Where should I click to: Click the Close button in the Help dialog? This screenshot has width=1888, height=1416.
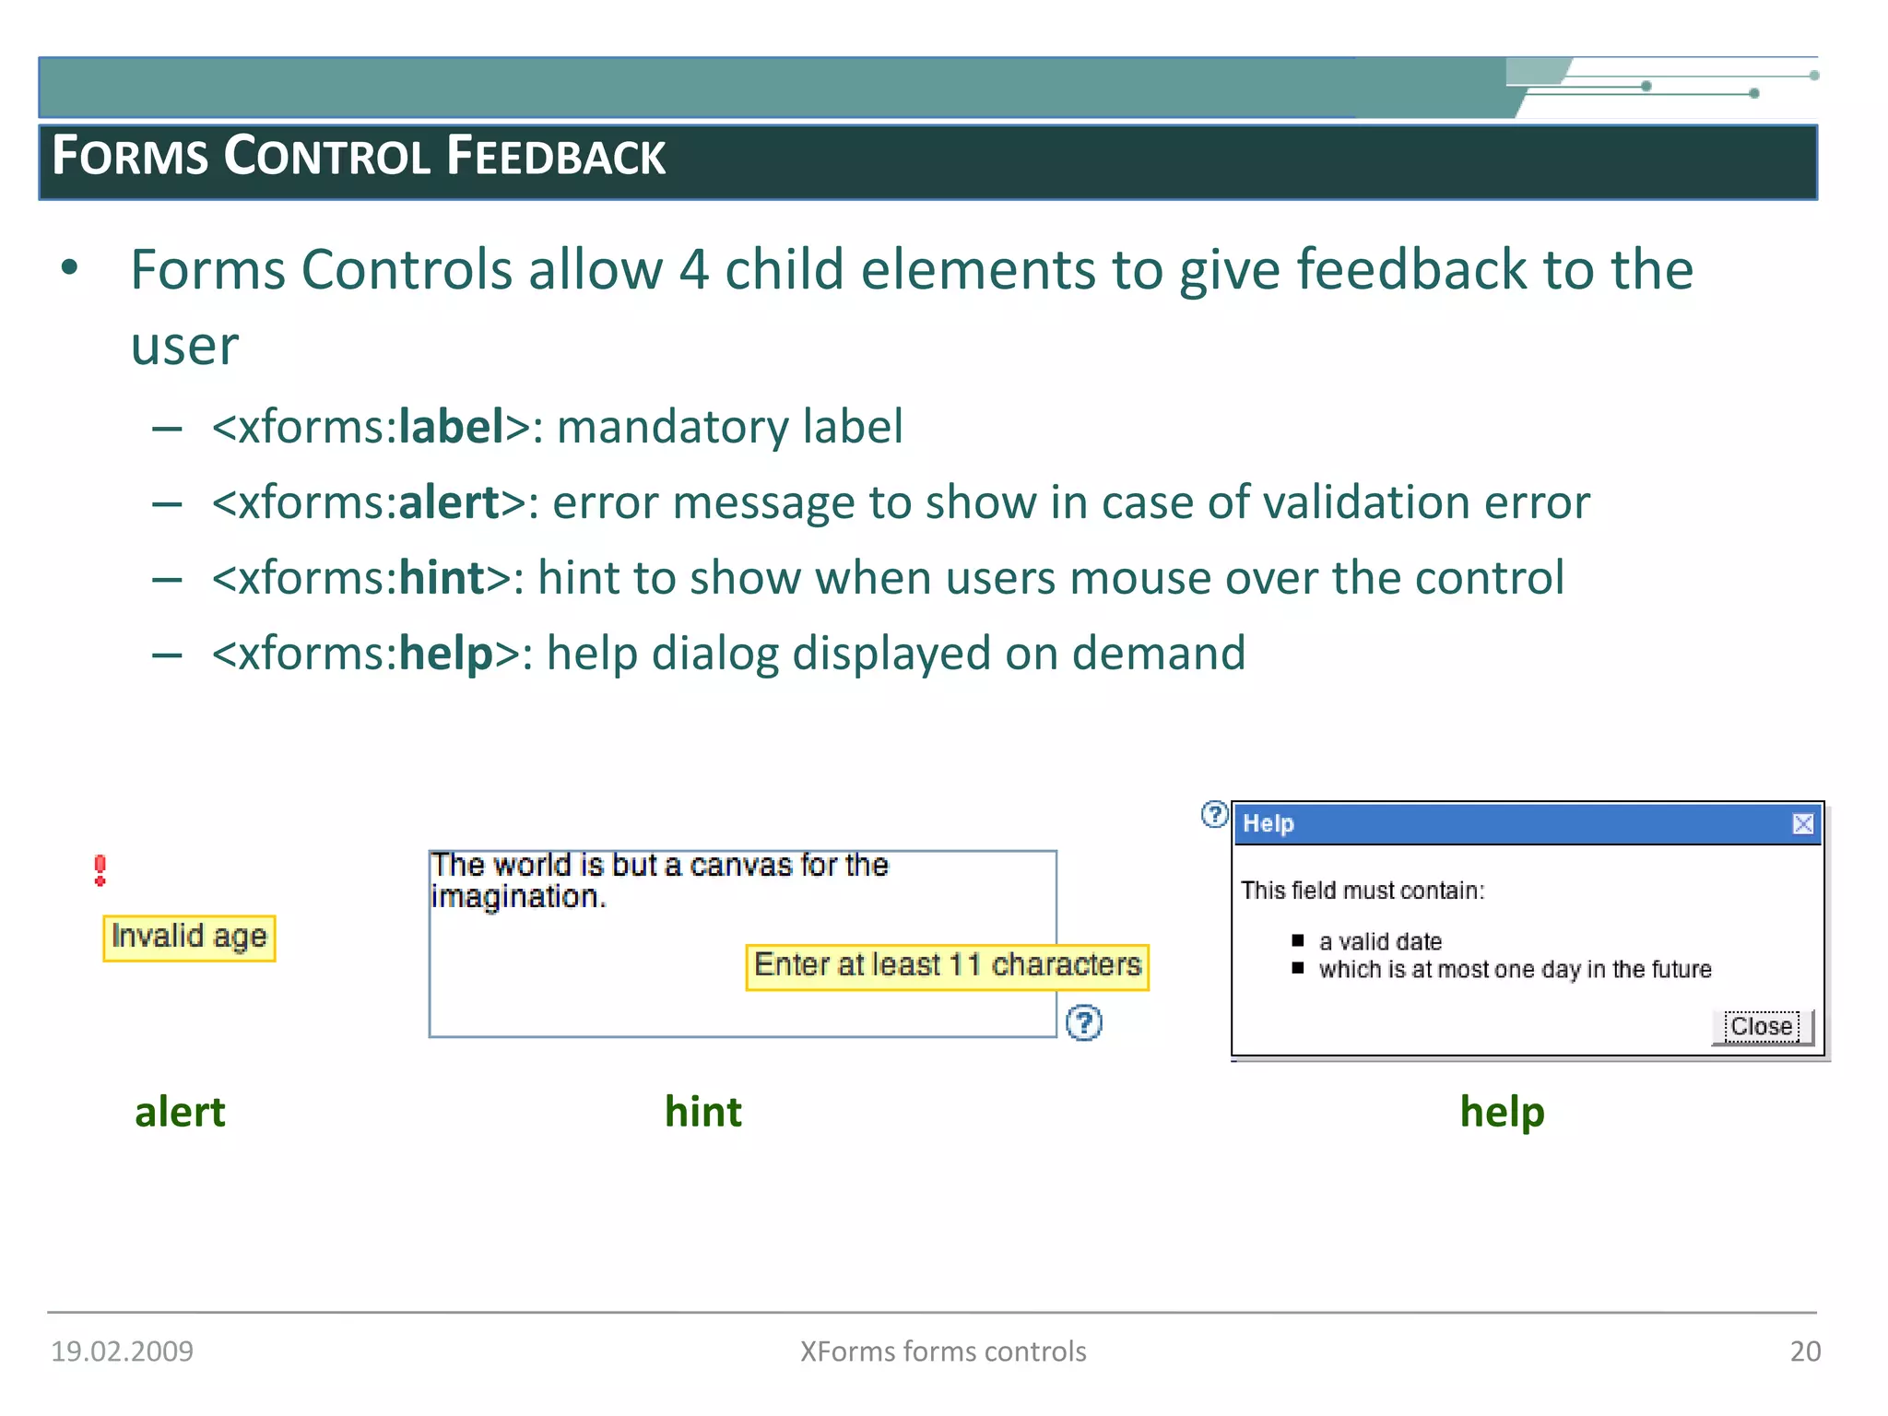pyautogui.click(x=1762, y=1027)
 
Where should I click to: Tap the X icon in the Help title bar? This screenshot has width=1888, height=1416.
pyautogui.click(x=1803, y=823)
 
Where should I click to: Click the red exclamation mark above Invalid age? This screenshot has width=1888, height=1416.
pyautogui.click(x=100, y=870)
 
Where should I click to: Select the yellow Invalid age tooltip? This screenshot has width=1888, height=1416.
pyautogui.click(x=189, y=938)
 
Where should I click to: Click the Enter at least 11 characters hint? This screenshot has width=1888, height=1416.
pyautogui.click(x=947, y=966)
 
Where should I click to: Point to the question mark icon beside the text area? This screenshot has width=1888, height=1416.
pyautogui.click(x=1084, y=1022)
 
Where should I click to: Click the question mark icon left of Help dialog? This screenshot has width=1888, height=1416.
pyautogui.click(x=1215, y=814)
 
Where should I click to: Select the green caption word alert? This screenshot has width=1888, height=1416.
pyautogui.click(x=180, y=1112)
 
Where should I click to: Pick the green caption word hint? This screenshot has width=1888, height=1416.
pyautogui.click(x=703, y=1112)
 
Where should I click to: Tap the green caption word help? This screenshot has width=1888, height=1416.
pyautogui.click(x=1502, y=1112)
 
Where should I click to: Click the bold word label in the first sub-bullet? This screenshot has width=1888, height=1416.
pyautogui.click(x=451, y=428)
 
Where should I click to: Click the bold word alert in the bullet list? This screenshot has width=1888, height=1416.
pyautogui.click(x=449, y=503)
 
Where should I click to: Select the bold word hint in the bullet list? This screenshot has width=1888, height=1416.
pyautogui.click(x=442, y=579)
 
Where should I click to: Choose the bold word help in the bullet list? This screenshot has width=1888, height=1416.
pyautogui.click(x=446, y=655)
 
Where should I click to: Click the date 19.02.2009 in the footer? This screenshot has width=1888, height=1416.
pyautogui.click(x=123, y=1351)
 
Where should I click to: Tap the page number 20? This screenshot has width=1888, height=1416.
pyautogui.click(x=1805, y=1351)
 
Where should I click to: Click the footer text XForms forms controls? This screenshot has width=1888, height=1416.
pyautogui.click(x=943, y=1351)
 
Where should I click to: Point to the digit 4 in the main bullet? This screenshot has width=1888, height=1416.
pyautogui.click(x=693, y=270)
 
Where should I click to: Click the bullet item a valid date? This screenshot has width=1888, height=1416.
pyautogui.click(x=1380, y=942)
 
